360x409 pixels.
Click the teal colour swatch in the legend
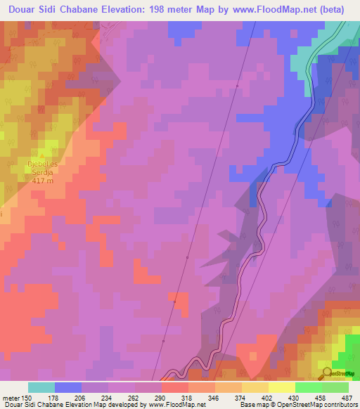point(41,387)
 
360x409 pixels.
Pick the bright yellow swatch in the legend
point(282,387)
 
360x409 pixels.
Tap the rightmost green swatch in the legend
point(335,387)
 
